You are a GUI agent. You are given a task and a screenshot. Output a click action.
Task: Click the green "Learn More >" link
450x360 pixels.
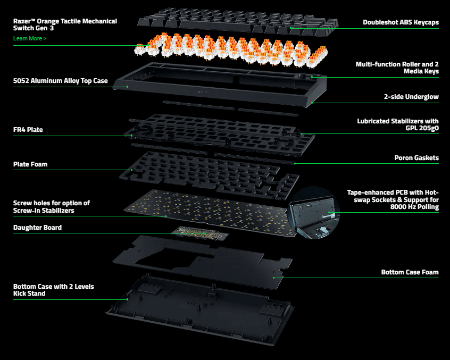[x=30, y=39]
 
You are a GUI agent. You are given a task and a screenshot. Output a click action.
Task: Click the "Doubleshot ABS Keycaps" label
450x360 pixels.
[x=401, y=22]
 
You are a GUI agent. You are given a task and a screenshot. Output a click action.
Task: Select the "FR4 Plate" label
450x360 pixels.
[x=28, y=129]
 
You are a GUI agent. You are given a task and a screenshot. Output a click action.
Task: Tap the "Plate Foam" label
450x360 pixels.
[x=30, y=164]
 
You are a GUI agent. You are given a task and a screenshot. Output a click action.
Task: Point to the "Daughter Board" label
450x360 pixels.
[x=37, y=228]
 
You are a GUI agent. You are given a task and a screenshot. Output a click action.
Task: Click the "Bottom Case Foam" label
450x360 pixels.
[x=410, y=272]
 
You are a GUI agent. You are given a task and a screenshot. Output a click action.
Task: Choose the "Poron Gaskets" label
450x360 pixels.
[x=416, y=158]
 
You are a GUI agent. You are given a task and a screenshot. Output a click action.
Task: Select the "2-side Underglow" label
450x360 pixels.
[x=411, y=97]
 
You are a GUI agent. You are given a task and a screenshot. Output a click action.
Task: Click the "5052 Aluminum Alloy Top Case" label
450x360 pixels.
[x=60, y=81]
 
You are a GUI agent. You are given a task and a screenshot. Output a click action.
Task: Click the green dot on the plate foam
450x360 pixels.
[x=132, y=170]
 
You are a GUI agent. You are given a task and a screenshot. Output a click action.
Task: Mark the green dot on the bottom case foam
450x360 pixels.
[x=273, y=277]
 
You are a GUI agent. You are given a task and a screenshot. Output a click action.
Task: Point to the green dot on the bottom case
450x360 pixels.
[x=128, y=299]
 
